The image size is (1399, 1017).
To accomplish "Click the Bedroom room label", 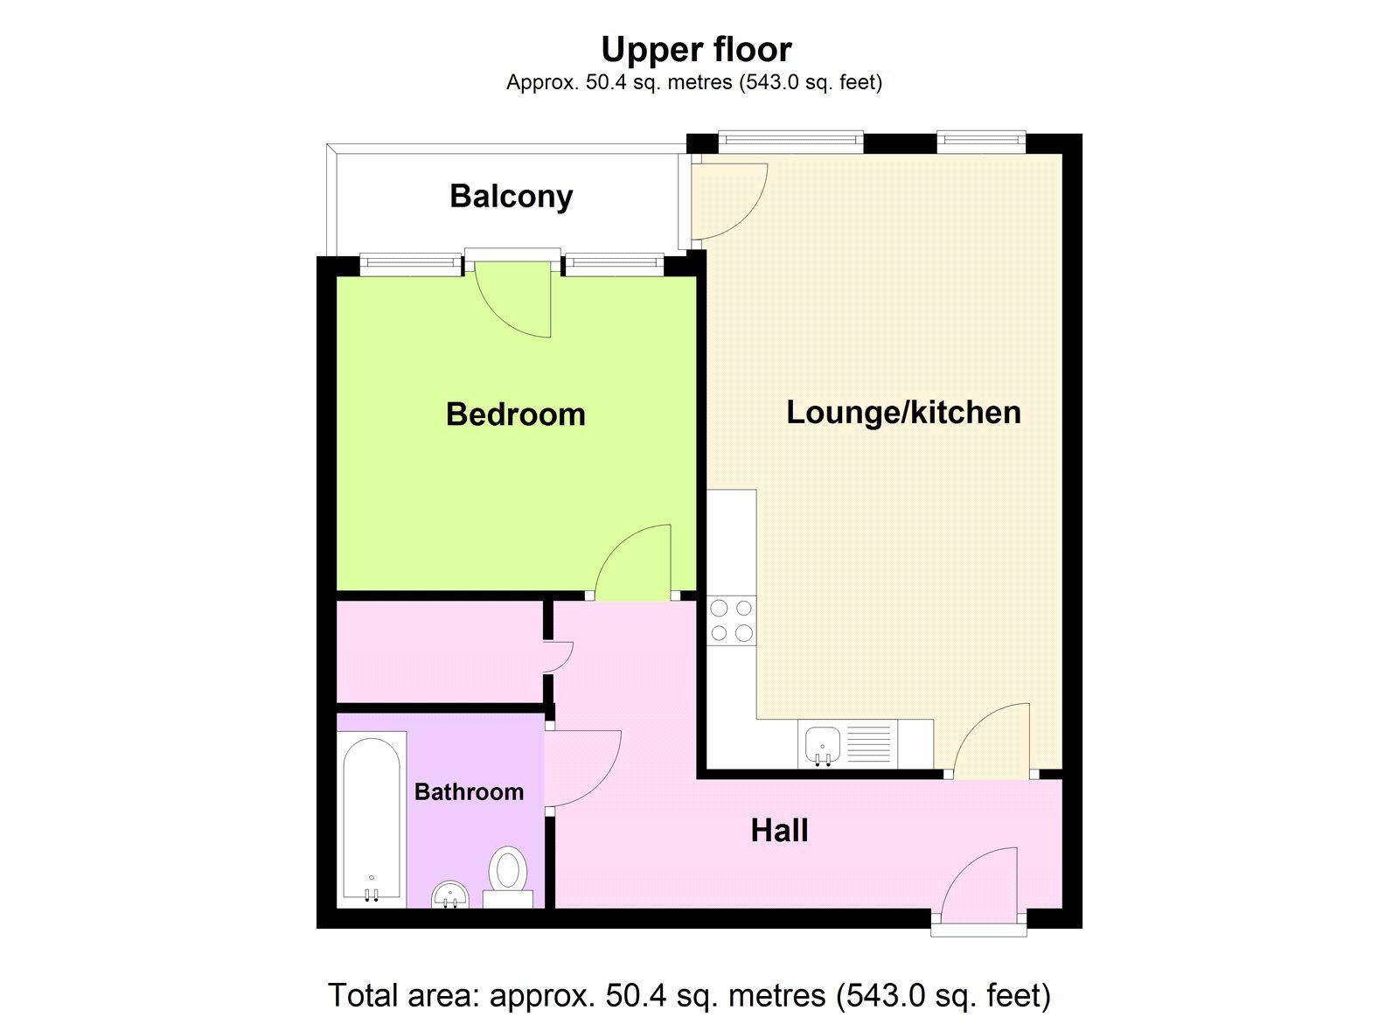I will coord(515,414).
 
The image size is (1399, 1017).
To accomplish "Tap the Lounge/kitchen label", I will coord(903,412).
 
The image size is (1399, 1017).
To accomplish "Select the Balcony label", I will coord(512,196).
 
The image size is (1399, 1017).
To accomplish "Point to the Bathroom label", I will coord(469,792).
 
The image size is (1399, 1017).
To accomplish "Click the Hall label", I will coord(779,831).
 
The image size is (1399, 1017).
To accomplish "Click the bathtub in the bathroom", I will coord(372,818).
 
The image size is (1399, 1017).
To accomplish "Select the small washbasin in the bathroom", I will coord(450,895).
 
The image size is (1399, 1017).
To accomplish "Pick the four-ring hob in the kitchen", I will coord(731,620).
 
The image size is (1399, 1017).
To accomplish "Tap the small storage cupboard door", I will coord(557,656).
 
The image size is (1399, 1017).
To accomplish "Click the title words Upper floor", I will coord(696,50).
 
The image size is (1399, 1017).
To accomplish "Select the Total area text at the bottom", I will coord(689,995).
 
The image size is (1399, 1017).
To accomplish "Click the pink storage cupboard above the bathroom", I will coord(439,651).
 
